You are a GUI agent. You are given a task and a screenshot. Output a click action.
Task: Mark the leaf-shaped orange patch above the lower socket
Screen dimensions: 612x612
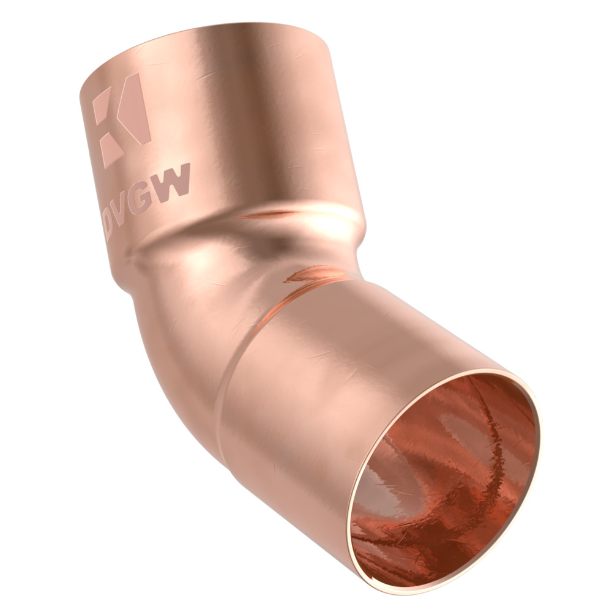pos(312,274)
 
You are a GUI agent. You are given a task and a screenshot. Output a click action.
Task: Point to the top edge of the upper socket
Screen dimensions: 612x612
pos(208,34)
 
